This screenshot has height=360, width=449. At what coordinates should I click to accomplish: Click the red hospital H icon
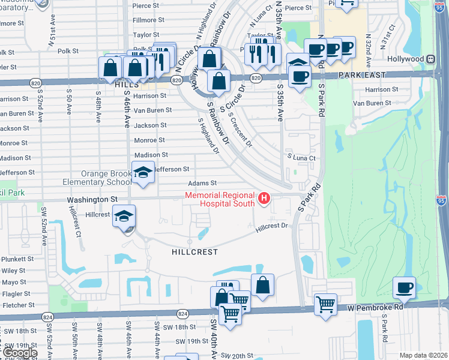click(263, 198)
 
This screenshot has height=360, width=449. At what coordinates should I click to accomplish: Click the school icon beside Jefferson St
click(143, 173)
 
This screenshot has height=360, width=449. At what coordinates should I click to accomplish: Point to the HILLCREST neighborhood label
click(194, 253)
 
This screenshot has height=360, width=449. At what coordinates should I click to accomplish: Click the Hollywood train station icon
click(430, 59)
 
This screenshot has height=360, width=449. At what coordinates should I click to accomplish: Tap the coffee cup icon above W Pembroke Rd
click(405, 287)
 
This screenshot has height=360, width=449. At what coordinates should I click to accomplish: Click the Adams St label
click(202, 183)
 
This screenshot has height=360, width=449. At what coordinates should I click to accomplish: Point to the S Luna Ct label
click(301, 157)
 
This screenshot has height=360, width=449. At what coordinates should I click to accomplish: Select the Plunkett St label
click(17, 259)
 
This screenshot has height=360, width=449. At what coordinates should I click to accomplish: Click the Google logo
click(20, 353)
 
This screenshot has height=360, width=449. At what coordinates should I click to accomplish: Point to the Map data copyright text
click(424, 355)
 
